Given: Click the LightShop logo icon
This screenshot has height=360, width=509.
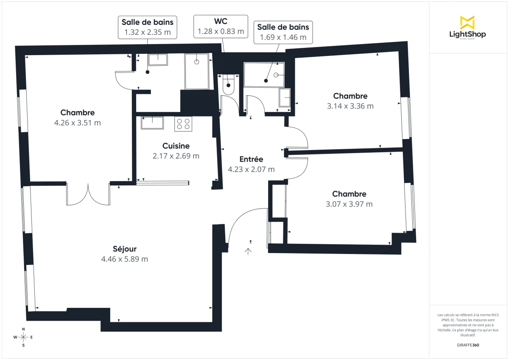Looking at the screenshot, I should coord(467,22).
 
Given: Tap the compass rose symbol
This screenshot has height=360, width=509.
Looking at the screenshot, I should coord(23,337).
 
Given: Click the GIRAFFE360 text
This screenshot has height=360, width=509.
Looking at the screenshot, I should coord(468,345).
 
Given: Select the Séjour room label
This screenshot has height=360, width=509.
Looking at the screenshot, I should coord(125,249).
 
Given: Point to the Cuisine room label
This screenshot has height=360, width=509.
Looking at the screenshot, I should coord(176,146).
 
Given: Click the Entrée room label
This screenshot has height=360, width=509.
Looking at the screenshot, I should coord(251,159).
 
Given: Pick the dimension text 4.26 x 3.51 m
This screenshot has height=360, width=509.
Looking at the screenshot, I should coord(78,123).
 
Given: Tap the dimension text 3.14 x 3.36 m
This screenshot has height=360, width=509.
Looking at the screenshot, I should coord(350,106).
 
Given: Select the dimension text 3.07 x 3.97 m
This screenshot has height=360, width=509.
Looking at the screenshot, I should coord(349,204).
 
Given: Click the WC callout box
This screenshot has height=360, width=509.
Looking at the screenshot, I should coord(221,26).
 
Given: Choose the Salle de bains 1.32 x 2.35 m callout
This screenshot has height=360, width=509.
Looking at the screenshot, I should coord(147,27).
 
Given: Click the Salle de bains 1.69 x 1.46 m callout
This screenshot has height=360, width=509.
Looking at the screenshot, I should coord(283,32).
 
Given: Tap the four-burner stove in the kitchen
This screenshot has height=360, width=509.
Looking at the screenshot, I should coord(183,124).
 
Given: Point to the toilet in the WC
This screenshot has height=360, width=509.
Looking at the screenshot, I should coord(228,84).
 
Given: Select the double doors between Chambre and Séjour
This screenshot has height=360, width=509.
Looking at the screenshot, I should coord(88,195).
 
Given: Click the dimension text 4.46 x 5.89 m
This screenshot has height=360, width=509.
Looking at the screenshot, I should coord(125,259).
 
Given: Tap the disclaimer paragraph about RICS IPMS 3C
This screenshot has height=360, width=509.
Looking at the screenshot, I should coord(468,325).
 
